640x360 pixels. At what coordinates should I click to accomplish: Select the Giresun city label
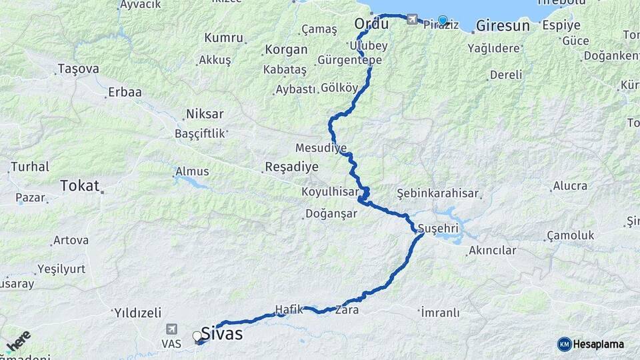pyautogui.click(x=503, y=26)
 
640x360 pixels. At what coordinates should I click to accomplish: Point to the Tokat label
pyautogui.click(x=79, y=186)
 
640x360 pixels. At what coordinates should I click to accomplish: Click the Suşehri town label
pyautogui.click(x=439, y=229)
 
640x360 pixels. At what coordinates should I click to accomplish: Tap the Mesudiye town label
pyautogui.click(x=321, y=147)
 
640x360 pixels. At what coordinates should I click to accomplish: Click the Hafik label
pyautogui.click(x=289, y=309)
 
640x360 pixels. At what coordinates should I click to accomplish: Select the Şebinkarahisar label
pyautogui.click(x=437, y=193)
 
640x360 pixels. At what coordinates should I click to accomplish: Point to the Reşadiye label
pyautogui.click(x=291, y=167)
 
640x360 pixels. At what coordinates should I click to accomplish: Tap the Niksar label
pyautogui.click(x=205, y=114)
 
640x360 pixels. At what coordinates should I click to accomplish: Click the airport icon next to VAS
pyautogui.click(x=172, y=329)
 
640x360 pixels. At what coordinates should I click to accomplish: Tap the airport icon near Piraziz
pyautogui.click(x=412, y=19)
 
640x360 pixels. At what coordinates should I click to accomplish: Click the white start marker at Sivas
pyautogui.click(x=197, y=336)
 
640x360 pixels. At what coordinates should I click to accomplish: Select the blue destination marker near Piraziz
pyautogui.click(x=443, y=20)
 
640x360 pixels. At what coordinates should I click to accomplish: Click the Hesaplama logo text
pyautogui.click(x=598, y=344)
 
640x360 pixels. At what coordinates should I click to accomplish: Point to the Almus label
pyautogui.click(x=192, y=171)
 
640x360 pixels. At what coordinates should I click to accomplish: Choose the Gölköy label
pyautogui.click(x=340, y=88)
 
